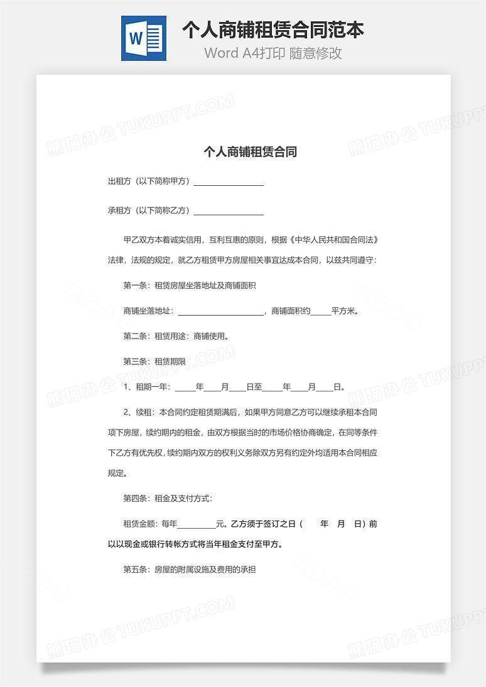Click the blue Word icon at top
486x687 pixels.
[x=144, y=38]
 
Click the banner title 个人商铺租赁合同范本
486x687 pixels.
[x=273, y=30]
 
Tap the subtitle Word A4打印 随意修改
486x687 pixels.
[x=273, y=53]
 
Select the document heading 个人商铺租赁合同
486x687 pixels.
[x=250, y=151]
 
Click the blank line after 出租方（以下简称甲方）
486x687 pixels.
[x=229, y=181]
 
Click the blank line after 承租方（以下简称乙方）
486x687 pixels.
[x=229, y=211]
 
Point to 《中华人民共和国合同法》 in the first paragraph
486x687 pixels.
[x=333, y=240]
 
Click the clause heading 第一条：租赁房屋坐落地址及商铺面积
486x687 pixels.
[x=189, y=286]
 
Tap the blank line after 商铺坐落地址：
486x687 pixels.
[x=221, y=311]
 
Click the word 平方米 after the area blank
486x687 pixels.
[x=345, y=311]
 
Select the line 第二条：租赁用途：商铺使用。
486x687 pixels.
[x=176, y=336]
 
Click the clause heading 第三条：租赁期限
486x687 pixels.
[x=154, y=362]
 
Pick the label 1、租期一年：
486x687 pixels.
[x=147, y=387]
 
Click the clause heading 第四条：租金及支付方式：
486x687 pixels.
[x=168, y=499]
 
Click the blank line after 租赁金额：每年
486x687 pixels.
[x=197, y=524]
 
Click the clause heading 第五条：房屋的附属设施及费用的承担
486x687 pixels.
[x=189, y=570]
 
